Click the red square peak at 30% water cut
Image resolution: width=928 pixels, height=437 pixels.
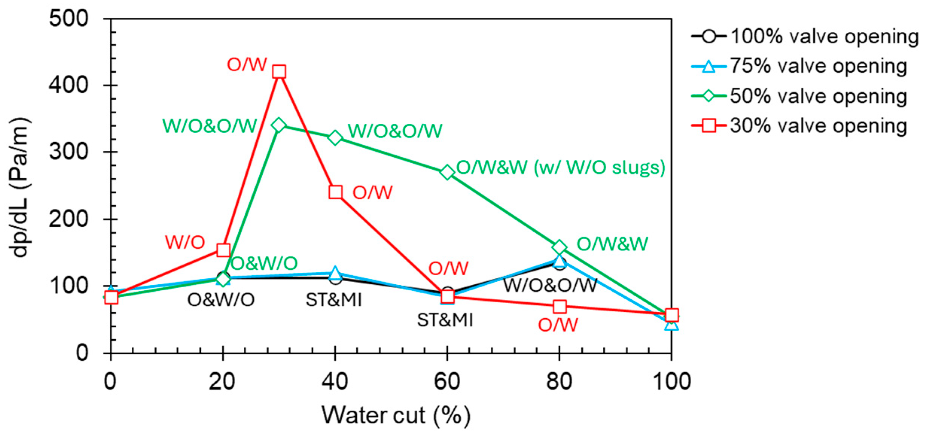coord(279,71)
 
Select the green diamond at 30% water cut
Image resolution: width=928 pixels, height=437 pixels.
coord(279,125)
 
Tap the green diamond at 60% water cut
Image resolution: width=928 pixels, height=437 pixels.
coord(447,172)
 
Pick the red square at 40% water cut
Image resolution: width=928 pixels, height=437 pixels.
coord(335,192)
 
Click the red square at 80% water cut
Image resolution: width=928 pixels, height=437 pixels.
coord(560,307)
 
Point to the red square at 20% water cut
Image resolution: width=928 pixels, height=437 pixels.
coord(224,250)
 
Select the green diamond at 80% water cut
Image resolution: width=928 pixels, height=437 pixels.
coord(560,247)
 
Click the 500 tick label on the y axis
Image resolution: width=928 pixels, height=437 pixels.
coord(69,18)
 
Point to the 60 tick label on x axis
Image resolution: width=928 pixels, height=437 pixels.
coord(447,381)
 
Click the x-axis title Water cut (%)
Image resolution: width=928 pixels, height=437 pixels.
coord(396,415)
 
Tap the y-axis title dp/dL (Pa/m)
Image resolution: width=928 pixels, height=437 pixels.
coord(20,187)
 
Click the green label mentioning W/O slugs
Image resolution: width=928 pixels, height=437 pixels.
coord(561,167)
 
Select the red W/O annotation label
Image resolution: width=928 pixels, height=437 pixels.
coord(185,243)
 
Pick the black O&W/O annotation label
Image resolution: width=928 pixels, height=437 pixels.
coord(221,300)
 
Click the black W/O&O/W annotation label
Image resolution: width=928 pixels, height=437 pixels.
coord(550,285)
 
